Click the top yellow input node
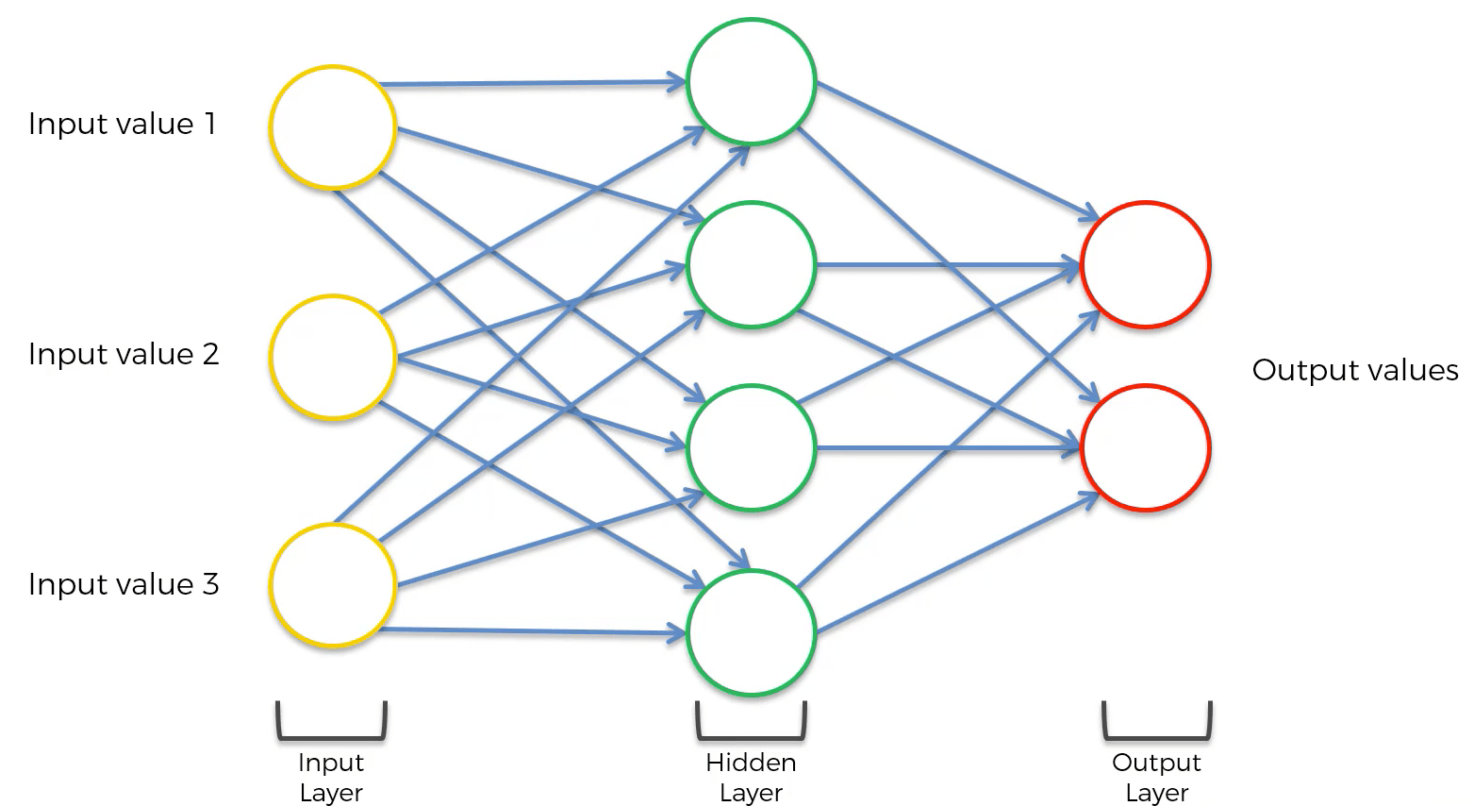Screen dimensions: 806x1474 click(332, 127)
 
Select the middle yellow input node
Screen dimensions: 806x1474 click(332, 357)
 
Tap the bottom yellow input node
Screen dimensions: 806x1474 click(332, 584)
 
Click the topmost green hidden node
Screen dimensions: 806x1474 click(751, 81)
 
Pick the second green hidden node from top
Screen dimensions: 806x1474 click(751, 265)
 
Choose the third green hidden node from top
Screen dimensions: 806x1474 click(751, 447)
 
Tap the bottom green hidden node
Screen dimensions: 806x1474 click(751, 631)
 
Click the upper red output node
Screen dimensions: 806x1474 click(1146, 265)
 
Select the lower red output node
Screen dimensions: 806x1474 click(1146, 447)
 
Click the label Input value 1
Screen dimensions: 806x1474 click(123, 124)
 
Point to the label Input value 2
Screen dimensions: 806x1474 click(124, 354)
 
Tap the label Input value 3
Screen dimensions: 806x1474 click(124, 584)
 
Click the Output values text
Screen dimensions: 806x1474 click(1354, 370)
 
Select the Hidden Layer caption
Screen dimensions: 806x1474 click(751, 777)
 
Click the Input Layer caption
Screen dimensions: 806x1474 click(331, 777)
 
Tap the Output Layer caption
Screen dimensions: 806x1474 click(1156, 777)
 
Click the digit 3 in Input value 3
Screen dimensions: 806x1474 click(210, 584)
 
